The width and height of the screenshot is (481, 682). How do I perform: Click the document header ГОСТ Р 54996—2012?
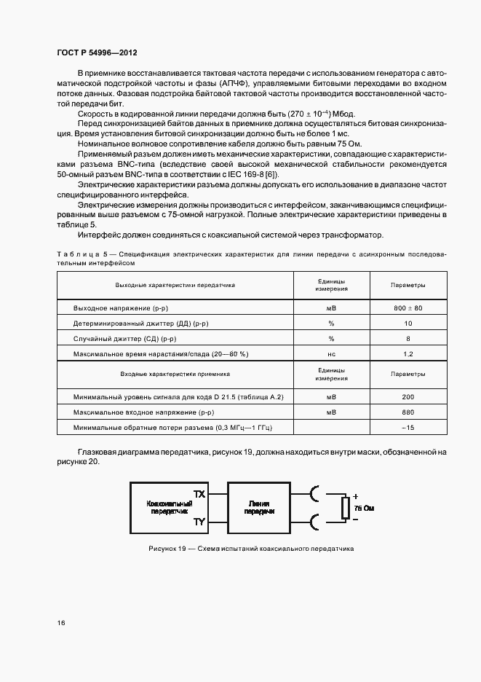click(x=97, y=53)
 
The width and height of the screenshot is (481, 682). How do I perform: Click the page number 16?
click(x=61, y=623)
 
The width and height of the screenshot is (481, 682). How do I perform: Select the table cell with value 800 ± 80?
click(x=408, y=308)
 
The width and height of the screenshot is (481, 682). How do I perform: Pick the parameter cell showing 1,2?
click(x=408, y=353)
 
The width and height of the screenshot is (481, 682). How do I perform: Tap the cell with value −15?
click(x=408, y=427)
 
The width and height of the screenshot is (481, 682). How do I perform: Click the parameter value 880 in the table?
click(x=408, y=412)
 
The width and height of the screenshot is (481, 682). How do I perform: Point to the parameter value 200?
click(x=408, y=396)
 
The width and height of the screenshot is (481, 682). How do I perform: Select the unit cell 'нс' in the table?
click(x=331, y=353)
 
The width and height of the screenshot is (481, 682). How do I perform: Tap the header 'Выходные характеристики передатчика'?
click(x=175, y=285)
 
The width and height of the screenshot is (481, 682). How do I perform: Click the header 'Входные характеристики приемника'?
click(x=175, y=373)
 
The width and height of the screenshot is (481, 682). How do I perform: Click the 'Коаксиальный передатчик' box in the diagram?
click(x=170, y=508)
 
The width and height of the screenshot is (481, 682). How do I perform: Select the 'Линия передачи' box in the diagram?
click(x=260, y=508)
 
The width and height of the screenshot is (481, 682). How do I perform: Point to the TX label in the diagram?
click(x=199, y=493)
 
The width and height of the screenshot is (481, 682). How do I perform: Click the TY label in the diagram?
click(x=199, y=522)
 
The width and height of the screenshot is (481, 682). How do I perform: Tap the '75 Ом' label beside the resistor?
click(x=364, y=507)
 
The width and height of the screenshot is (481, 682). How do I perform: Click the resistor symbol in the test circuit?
click(x=345, y=508)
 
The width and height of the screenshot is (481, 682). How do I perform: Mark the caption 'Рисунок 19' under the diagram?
click(x=169, y=549)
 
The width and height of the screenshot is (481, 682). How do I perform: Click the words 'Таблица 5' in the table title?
click(x=81, y=254)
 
